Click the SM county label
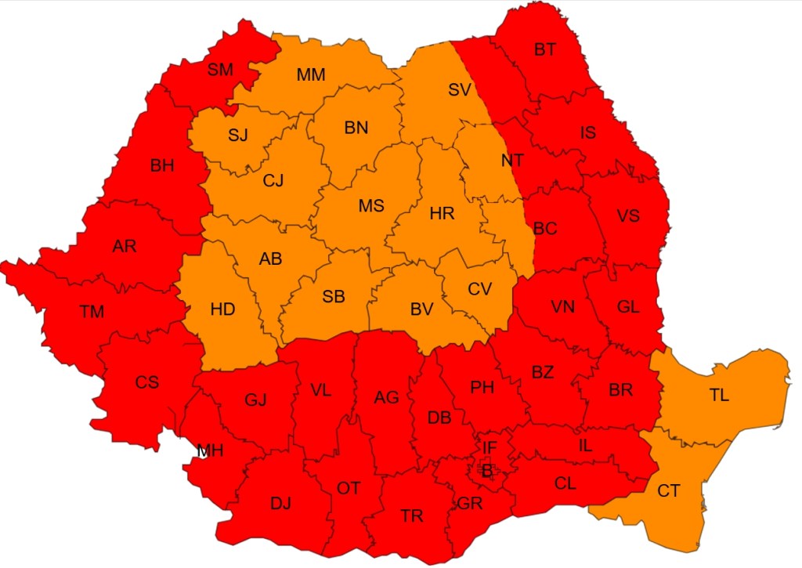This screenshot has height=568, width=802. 220,70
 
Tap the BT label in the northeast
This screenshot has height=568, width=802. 544,50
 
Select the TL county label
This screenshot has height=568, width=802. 719,396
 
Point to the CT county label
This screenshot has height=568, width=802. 668,491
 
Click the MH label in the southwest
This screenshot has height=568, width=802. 210,450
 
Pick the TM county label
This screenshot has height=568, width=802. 92,312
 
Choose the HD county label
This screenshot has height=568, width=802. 222,309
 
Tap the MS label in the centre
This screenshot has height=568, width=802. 371,206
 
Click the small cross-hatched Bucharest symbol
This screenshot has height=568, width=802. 485,470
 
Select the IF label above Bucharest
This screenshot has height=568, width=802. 489,448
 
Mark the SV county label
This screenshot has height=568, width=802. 459,90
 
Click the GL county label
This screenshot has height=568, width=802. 628,307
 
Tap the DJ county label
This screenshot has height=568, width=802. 280,504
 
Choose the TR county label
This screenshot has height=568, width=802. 411,516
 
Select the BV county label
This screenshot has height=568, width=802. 421,309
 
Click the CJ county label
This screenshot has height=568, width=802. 273,182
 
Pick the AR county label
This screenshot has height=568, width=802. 124,246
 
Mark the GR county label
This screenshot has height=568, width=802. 470,504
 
